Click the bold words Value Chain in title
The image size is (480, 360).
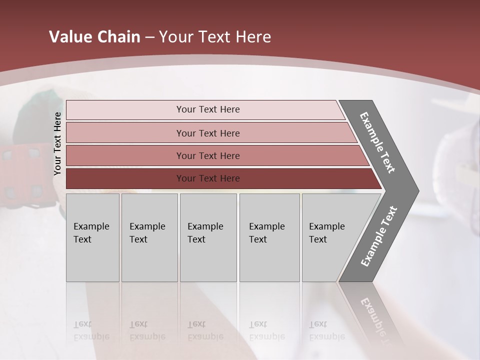(x=94, y=37)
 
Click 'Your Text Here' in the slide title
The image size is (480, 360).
(x=215, y=37)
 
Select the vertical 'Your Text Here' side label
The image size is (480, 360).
(x=57, y=143)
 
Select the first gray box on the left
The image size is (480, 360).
(x=92, y=237)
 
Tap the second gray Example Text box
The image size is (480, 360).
(x=149, y=237)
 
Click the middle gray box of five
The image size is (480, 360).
(x=208, y=237)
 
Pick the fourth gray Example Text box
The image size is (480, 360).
(x=269, y=237)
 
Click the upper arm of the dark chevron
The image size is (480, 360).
(x=377, y=142)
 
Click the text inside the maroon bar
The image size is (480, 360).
(x=208, y=178)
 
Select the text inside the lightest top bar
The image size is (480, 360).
(x=208, y=109)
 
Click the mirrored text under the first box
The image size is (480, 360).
(x=91, y=331)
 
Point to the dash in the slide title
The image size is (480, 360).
(x=149, y=37)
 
